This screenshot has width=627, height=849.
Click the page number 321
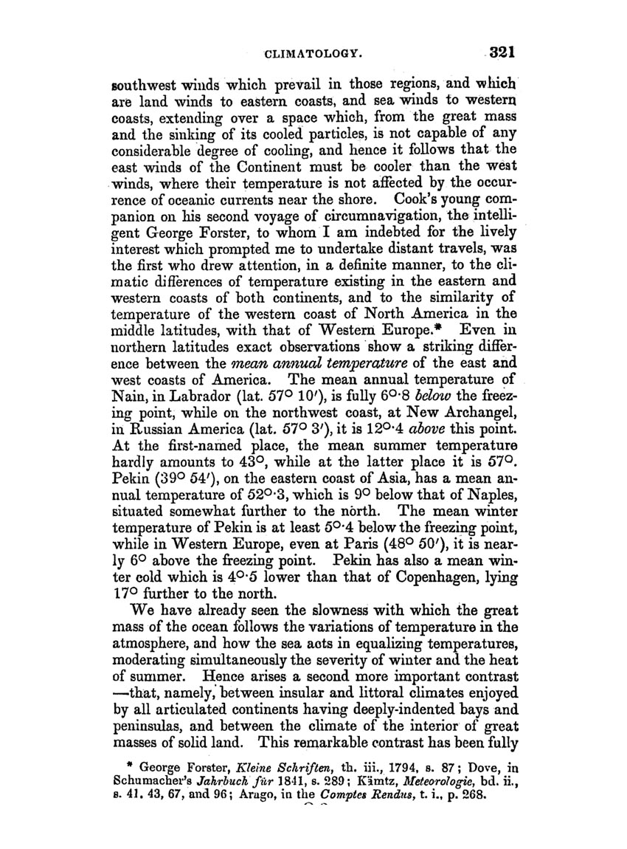pyautogui.click(x=499, y=52)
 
